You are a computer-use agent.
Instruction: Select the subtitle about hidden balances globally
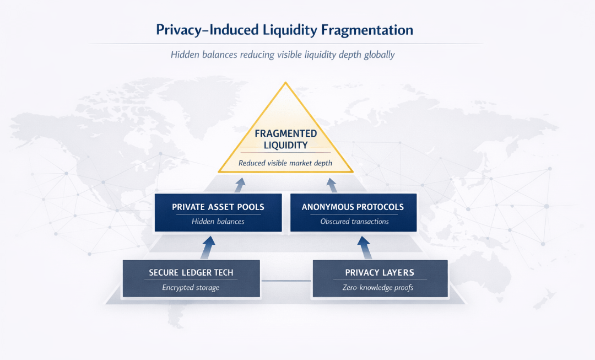[282, 55]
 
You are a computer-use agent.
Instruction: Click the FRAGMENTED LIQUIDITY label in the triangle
[285, 139]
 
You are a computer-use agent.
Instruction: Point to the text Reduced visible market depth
[285, 163]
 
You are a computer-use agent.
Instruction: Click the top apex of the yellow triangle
[285, 83]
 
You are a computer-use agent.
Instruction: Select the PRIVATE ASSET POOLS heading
[218, 207]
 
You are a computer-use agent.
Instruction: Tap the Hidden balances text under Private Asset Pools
[218, 222]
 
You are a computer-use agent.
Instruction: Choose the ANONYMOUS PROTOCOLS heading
[353, 207]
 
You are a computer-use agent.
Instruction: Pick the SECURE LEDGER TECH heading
[191, 273]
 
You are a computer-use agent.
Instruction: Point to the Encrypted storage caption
[191, 287]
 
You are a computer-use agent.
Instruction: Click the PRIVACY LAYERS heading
[380, 273]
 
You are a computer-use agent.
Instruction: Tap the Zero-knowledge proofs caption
[380, 287]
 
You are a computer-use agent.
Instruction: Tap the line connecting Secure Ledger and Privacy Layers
[286, 281]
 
